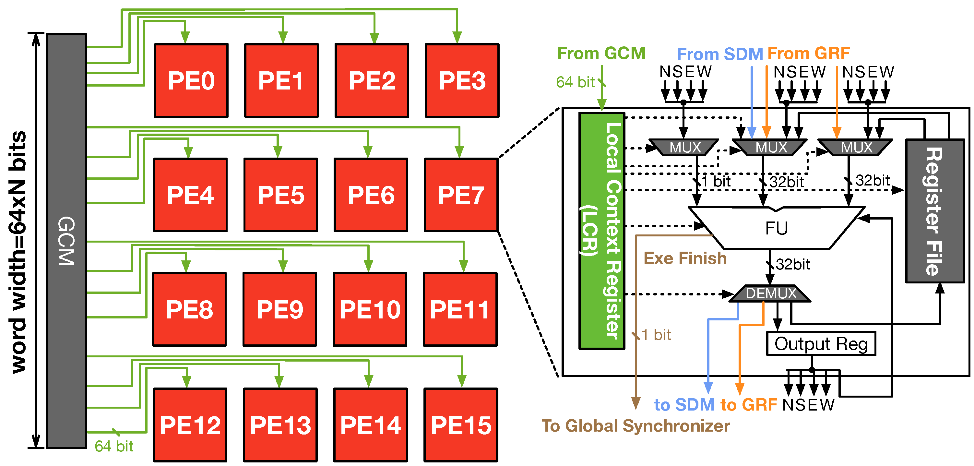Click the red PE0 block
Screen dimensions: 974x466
coord(191,80)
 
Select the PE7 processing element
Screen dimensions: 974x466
coord(461,195)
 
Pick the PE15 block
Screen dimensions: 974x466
coord(461,425)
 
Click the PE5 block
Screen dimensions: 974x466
coord(281,195)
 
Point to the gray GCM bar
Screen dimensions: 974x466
coord(66,241)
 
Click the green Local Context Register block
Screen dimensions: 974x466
coord(602,231)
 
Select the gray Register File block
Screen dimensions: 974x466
coord(935,211)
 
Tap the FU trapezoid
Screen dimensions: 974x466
coord(777,228)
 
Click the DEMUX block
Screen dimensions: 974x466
coord(770,293)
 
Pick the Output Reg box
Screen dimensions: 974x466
coord(821,344)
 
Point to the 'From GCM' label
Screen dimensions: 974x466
coord(601,53)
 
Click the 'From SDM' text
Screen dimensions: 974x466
coord(720,54)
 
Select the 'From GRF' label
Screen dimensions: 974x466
coord(809,53)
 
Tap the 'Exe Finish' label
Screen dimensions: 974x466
coord(685,258)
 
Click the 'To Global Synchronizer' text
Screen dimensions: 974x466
coord(635,426)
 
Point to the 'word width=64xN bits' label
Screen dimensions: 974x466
coord(18,252)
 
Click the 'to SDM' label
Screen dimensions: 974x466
coord(684,405)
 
